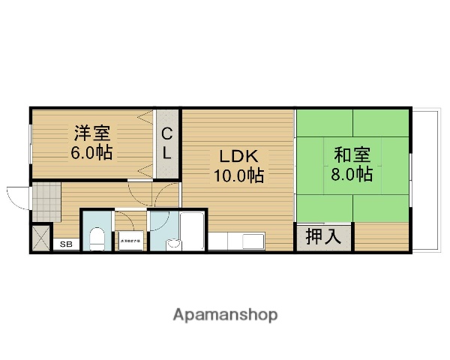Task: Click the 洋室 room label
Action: tap(91, 134)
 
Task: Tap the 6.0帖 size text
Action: tap(91, 153)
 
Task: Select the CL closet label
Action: tap(168, 144)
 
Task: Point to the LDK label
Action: tap(238, 156)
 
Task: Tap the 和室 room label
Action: tap(352, 155)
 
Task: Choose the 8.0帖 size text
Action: tap(352, 175)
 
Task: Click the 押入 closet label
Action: tap(323, 238)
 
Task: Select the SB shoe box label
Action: tap(66, 244)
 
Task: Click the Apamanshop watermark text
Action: tap(225, 314)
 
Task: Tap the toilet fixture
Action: tap(95, 239)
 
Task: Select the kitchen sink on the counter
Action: tap(249, 242)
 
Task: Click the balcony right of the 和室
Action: tap(427, 180)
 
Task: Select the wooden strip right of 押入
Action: tap(382, 238)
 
